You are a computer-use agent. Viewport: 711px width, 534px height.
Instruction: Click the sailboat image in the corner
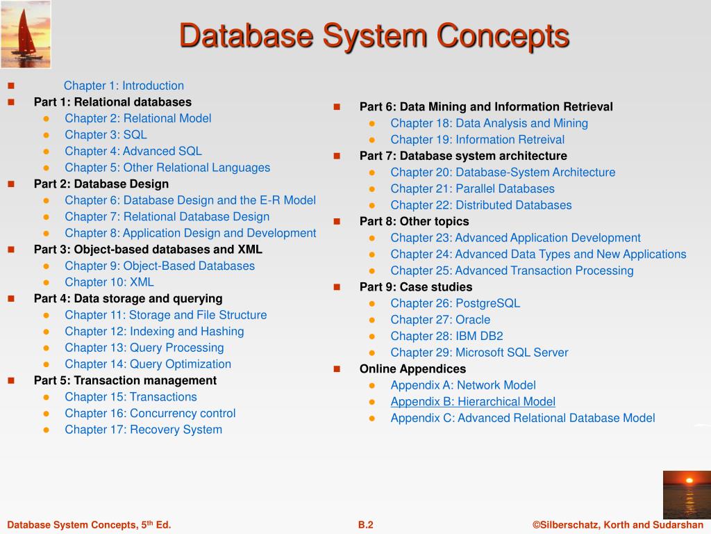pos(26,35)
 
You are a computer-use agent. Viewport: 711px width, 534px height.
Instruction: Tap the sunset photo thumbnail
pos(687,494)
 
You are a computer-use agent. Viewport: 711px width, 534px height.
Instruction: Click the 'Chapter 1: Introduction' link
pos(124,86)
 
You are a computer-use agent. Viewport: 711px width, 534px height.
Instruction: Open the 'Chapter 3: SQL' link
pos(106,135)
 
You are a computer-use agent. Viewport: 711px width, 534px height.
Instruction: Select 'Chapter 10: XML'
pos(109,282)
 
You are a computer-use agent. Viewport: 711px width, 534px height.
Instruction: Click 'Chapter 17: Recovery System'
pos(143,430)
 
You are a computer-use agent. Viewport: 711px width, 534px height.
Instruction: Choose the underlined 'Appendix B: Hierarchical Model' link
pos(473,402)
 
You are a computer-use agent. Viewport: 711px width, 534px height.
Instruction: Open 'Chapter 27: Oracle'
pos(440,320)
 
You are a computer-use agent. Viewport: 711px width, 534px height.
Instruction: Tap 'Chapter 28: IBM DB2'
pos(446,336)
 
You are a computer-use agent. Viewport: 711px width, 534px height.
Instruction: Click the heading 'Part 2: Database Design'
pos(101,184)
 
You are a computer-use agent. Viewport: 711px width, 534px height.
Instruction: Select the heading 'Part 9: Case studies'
pos(416,287)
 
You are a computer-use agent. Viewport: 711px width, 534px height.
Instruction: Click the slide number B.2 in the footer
pos(365,525)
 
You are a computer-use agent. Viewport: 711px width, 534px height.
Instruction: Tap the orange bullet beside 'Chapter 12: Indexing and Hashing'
pos(47,332)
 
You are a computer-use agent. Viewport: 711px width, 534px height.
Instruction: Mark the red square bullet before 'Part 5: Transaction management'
pos(11,380)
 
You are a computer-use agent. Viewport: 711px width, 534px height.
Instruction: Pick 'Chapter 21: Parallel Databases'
pos(472,189)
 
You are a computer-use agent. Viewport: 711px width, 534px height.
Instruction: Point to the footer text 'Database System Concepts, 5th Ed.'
pos(89,525)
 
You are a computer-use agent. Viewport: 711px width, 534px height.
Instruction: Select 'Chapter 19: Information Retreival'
pos(478,140)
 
